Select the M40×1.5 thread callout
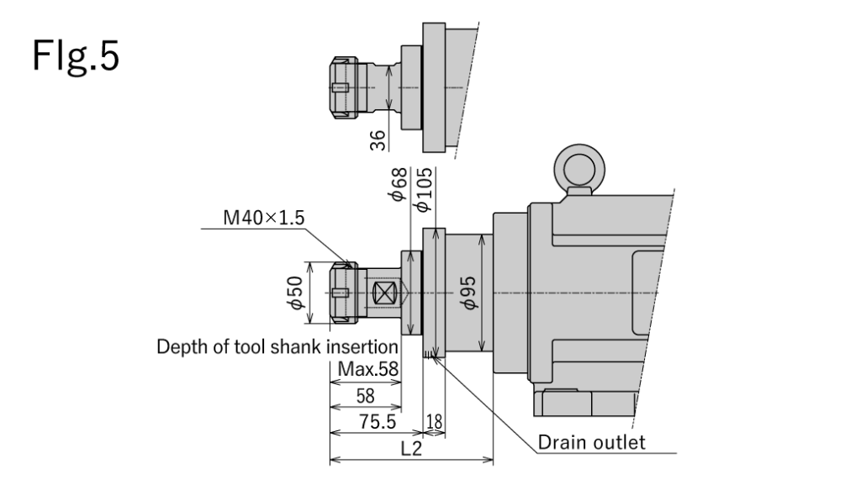264,219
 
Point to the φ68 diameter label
399,184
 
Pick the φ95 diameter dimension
467,293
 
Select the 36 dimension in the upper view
379,139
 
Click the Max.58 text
367,368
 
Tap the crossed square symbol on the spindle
385,293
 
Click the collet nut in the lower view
343,293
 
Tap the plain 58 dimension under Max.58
365,396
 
